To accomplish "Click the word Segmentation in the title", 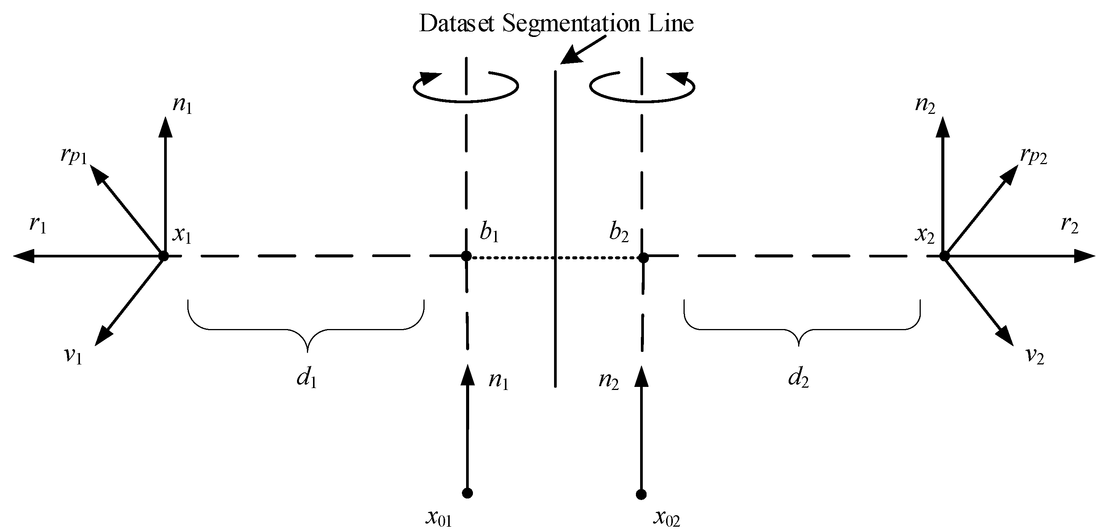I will [x=571, y=24].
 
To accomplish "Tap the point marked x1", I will [x=163, y=256].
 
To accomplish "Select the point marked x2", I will [x=944, y=256].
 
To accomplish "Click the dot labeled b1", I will [x=466, y=256].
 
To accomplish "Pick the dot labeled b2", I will [x=643, y=257].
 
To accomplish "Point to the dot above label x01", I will [x=467, y=493].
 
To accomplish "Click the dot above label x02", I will [x=641, y=494].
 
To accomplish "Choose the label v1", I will [x=73, y=356].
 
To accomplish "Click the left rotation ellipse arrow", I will [x=465, y=86].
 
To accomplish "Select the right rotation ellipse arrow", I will [x=642, y=86].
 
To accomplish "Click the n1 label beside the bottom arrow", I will [x=498, y=381].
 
